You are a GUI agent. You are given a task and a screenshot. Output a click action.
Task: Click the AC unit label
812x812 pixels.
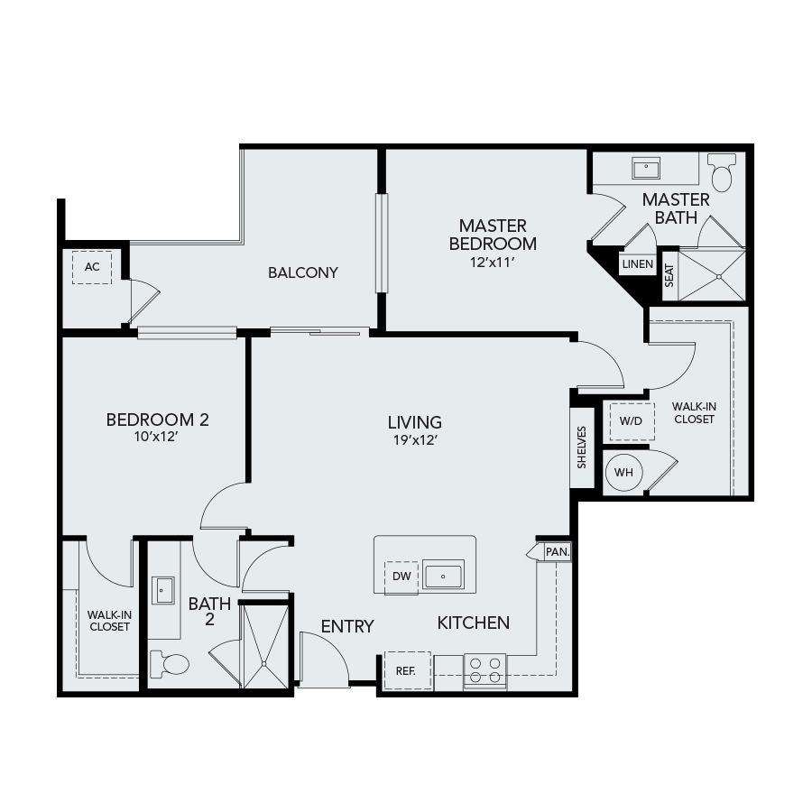pyautogui.click(x=92, y=267)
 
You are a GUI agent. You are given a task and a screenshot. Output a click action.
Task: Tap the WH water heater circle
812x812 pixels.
pyautogui.click(x=623, y=472)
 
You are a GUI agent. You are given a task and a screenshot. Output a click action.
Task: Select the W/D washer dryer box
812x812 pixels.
pyautogui.click(x=632, y=421)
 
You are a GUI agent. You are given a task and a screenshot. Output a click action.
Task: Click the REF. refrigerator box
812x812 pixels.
pyautogui.click(x=408, y=670)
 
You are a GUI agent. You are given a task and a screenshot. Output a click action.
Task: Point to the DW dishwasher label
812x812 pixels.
pyautogui.click(x=401, y=577)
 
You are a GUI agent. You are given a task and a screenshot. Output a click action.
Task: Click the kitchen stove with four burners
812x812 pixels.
pyautogui.click(x=484, y=671)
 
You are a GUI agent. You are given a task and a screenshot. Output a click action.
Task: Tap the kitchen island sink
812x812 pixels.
pyautogui.click(x=443, y=574)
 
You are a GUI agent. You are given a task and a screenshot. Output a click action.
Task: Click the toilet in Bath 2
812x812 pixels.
pyautogui.click(x=170, y=664)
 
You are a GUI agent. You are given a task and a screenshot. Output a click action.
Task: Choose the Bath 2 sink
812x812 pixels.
pyautogui.click(x=162, y=590)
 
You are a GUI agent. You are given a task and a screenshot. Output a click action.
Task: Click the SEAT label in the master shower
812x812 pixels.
pyautogui.click(x=669, y=275)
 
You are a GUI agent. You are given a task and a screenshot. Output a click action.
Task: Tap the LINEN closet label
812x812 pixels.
pyautogui.click(x=638, y=264)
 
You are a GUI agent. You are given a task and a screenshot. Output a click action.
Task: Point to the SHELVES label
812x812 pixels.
pyautogui.click(x=582, y=448)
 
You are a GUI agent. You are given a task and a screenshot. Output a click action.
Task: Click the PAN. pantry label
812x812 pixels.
pyautogui.click(x=558, y=552)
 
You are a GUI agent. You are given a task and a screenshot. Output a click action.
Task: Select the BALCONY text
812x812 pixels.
pyautogui.click(x=303, y=272)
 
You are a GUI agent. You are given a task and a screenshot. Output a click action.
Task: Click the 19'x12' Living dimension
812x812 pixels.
pyautogui.click(x=415, y=440)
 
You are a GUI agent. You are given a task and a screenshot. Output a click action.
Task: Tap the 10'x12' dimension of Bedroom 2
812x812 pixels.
pyautogui.click(x=156, y=437)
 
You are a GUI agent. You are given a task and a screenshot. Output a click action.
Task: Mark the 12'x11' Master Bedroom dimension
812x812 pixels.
pyautogui.click(x=493, y=263)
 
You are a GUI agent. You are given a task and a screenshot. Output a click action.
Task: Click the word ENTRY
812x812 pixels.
pyautogui.click(x=347, y=627)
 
